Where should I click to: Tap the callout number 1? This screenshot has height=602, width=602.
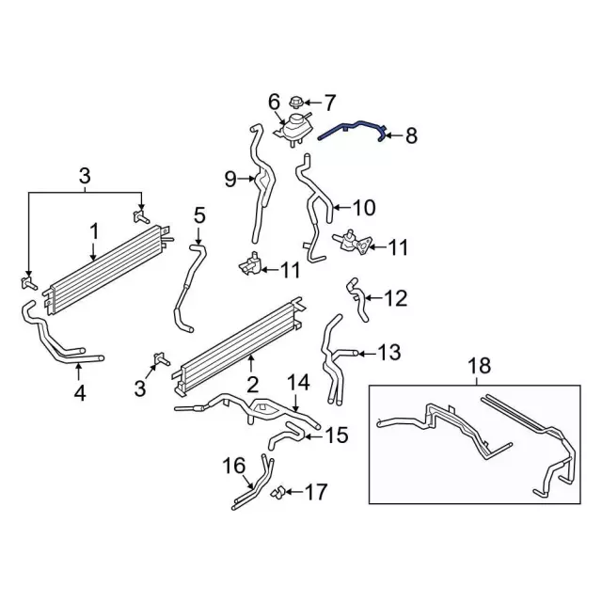[94, 230]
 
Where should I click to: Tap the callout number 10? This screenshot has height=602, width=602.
[364, 207]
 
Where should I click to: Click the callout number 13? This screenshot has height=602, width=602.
[388, 353]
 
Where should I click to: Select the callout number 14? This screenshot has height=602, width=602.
[297, 382]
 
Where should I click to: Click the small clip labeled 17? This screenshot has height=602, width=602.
[279, 491]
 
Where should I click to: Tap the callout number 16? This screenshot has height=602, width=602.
[233, 465]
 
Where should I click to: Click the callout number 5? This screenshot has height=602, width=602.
[198, 215]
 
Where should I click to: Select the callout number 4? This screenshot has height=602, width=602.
[80, 394]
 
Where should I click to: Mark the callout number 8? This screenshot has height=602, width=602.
[410, 136]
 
